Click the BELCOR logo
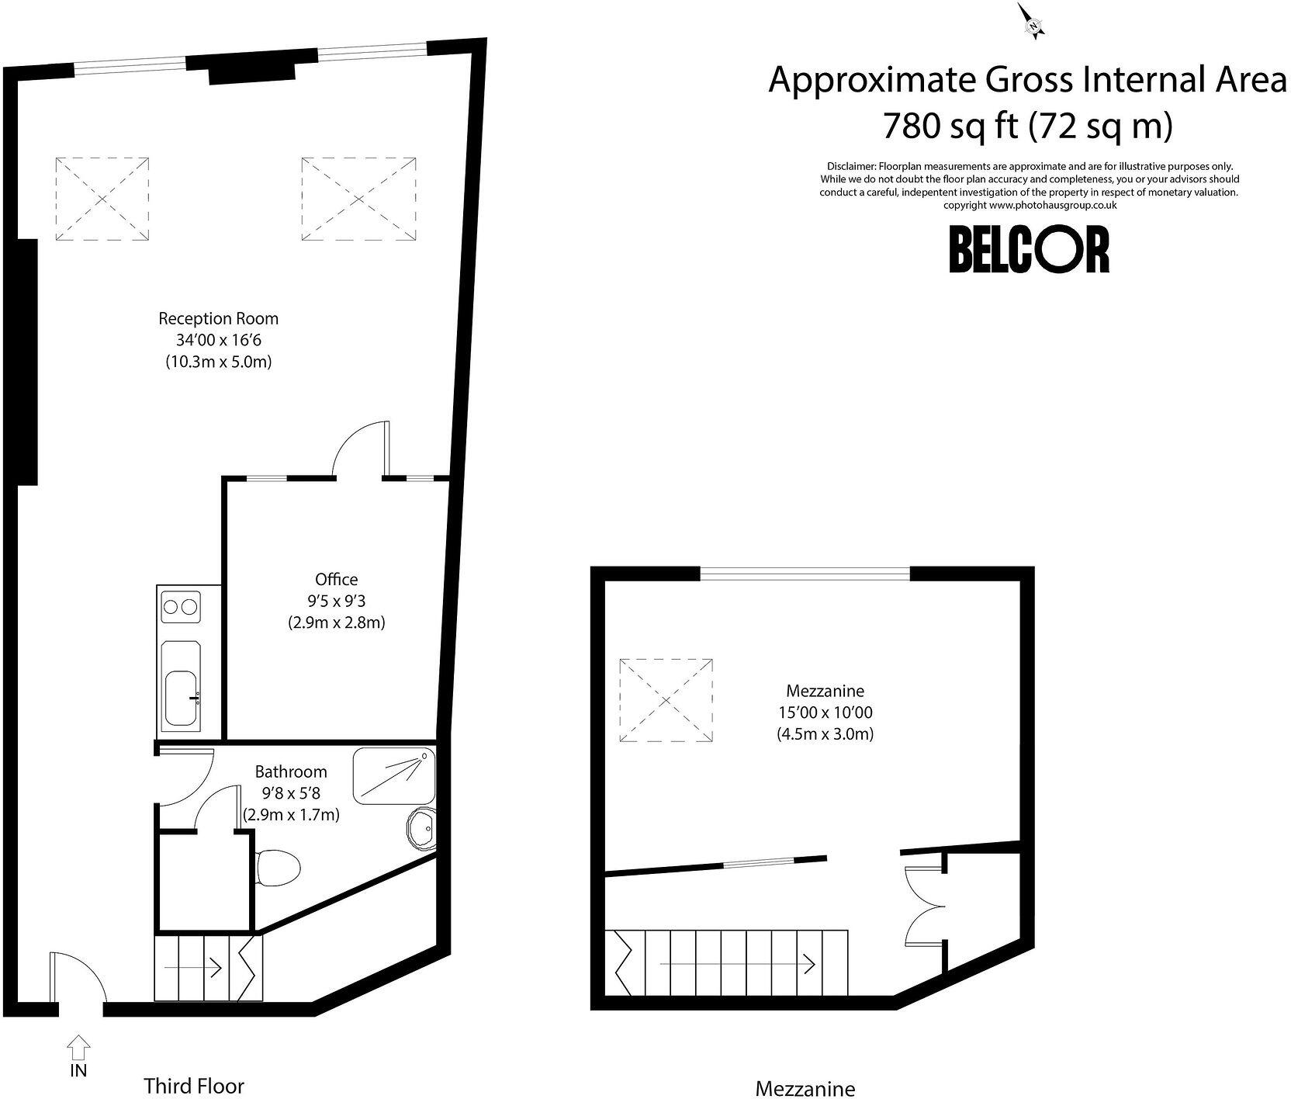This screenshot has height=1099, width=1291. click(1030, 249)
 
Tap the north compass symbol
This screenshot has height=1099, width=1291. click(1033, 21)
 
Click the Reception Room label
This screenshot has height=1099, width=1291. click(218, 318)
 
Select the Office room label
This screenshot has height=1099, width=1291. click(337, 579)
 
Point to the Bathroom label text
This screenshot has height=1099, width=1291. click(291, 771)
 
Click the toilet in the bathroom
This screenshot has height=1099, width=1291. click(277, 867)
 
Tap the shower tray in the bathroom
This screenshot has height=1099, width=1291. click(394, 775)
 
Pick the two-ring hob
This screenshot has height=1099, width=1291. click(180, 606)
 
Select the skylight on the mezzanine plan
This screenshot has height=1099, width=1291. click(666, 702)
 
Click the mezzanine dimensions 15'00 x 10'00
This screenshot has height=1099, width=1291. click(825, 712)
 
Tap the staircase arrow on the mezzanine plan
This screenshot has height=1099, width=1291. click(737, 964)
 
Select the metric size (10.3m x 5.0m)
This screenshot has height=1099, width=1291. click(218, 362)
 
